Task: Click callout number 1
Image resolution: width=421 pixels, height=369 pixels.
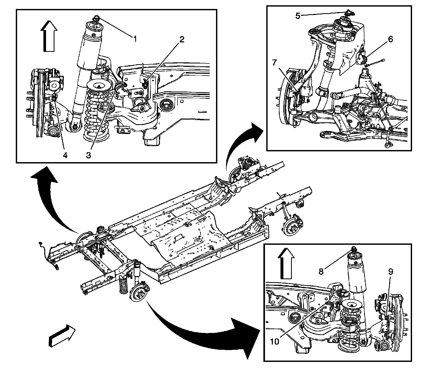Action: (x=135, y=39)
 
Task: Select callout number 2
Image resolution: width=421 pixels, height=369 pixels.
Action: (x=182, y=39)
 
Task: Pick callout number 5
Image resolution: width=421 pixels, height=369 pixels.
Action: (x=298, y=16)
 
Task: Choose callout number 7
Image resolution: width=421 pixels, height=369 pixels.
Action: (x=274, y=63)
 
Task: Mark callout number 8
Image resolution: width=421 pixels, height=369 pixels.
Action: (x=321, y=271)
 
